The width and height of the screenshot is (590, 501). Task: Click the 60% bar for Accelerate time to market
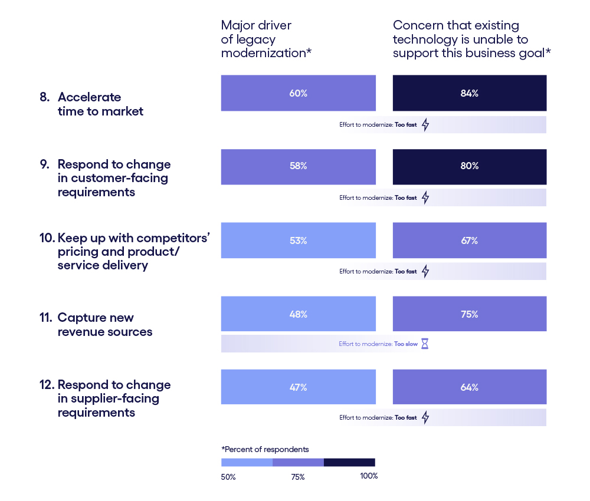click(298, 93)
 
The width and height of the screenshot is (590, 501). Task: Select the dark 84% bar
click(469, 93)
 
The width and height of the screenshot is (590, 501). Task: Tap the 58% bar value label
click(298, 166)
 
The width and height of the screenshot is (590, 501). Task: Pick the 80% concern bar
click(469, 166)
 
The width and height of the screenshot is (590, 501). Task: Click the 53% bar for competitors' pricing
click(298, 240)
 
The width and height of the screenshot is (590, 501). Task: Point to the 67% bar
click(469, 240)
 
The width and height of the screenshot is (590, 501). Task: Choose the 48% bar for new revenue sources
click(298, 314)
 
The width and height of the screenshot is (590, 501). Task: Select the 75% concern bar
click(469, 314)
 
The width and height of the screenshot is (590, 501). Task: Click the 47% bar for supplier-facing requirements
click(298, 387)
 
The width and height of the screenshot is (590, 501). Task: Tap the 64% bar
click(469, 387)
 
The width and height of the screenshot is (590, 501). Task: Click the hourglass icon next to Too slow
click(424, 344)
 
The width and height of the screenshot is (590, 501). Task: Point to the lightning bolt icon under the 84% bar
click(425, 125)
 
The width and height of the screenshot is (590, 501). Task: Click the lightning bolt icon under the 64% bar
click(425, 417)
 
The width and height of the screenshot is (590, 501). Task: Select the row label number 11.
click(45, 318)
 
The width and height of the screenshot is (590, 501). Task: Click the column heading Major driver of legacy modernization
click(265, 39)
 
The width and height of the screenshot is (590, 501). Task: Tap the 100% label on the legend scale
click(369, 476)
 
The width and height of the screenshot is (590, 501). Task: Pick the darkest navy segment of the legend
click(349, 463)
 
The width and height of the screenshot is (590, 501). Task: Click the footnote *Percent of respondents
click(265, 449)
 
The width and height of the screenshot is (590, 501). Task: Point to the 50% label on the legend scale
click(228, 477)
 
